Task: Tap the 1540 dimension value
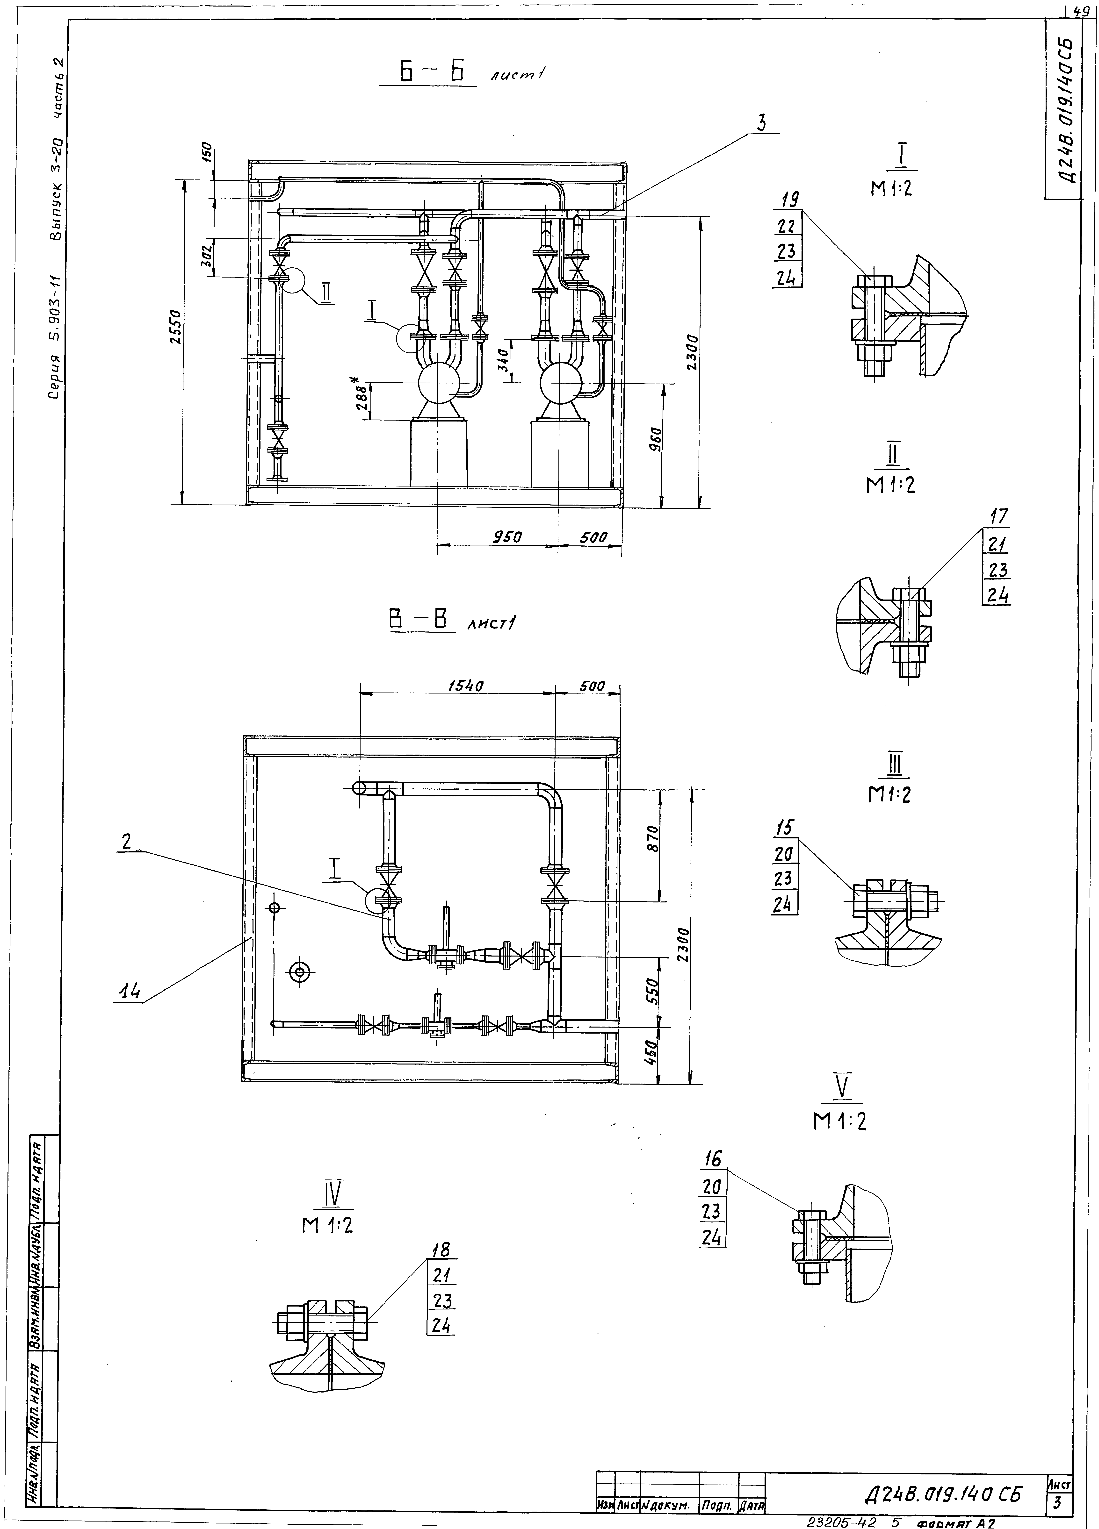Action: click(466, 686)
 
